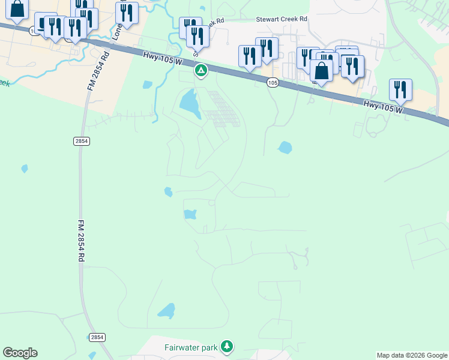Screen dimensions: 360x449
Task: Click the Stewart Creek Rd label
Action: pyautogui.click(x=282, y=19)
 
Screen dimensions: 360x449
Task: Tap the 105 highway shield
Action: pyautogui.click(x=273, y=83)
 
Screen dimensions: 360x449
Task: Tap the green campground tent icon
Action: pyautogui.click(x=200, y=71)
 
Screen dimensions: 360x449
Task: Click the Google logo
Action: pyautogui.click(x=20, y=353)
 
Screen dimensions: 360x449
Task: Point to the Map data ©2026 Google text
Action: pyautogui.click(x=412, y=355)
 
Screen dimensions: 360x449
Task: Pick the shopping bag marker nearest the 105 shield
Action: pyautogui.click(x=322, y=70)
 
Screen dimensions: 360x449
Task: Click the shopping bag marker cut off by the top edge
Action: pyautogui.click(x=17, y=9)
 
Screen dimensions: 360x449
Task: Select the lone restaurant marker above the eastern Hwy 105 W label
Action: pyautogui.click(x=400, y=89)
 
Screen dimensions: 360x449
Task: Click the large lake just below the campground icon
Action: pyautogui.click(x=190, y=103)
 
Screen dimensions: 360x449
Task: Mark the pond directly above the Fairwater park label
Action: pyautogui.click(x=166, y=310)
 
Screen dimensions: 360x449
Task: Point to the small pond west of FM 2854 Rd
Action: pyautogui.click(x=25, y=169)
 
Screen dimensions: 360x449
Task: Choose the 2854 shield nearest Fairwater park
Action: pyautogui.click(x=97, y=337)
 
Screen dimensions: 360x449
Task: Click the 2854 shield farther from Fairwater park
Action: pyautogui.click(x=82, y=141)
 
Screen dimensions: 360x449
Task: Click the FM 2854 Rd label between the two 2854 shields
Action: pyautogui.click(x=80, y=240)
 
